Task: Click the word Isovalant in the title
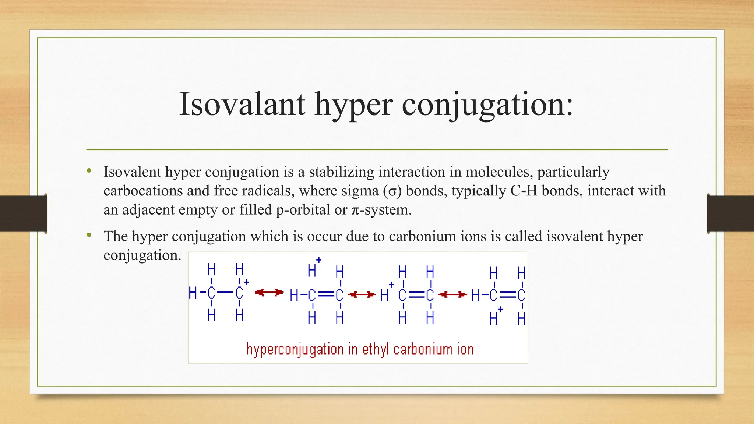[x=242, y=104]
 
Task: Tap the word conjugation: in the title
[x=487, y=104]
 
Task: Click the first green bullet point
[x=89, y=170]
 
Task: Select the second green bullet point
[x=89, y=235]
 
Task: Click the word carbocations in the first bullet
[x=143, y=191]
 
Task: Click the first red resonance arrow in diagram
[x=269, y=293]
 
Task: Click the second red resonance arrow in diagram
[x=362, y=294]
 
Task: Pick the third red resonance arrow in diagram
[x=452, y=294]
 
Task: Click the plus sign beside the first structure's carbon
[x=247, y=282]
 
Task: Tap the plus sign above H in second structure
[x=319, y=260]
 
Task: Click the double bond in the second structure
[x=326, y=294]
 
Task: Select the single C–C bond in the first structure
[x=225, y=293]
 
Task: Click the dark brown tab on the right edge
[x=730, y=213]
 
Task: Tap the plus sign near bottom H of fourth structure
[x=500, y=310]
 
